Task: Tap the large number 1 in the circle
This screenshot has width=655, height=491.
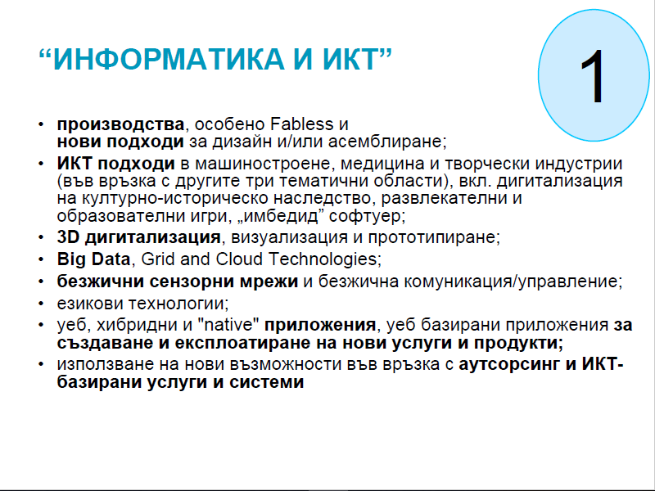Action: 593,76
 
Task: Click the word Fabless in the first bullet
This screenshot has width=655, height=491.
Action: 302,124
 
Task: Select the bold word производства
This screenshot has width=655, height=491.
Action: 120,125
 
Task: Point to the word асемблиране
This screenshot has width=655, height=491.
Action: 387,142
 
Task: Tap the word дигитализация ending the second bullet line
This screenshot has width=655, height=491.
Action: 559,181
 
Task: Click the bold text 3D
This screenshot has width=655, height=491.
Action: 69,237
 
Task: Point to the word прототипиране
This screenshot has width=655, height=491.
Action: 434,237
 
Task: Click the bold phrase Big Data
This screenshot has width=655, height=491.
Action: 93,259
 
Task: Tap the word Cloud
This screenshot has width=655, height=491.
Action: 240,259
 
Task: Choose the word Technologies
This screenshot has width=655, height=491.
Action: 324,259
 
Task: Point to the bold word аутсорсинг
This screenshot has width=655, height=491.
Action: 509,365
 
